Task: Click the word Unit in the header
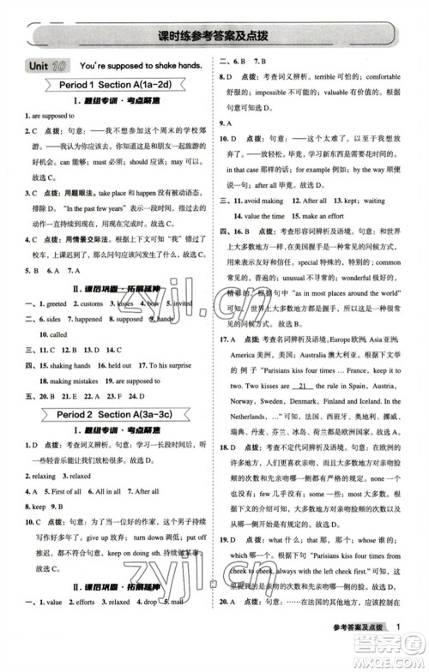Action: (32, 65)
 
